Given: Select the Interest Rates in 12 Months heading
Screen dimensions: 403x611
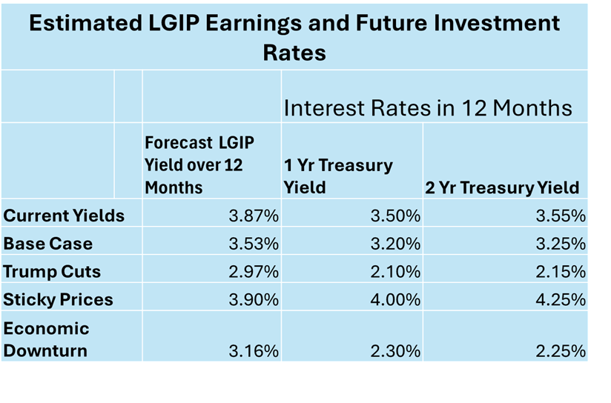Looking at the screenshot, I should [x=428, y=108].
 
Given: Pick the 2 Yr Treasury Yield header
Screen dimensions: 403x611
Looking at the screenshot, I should [x=502, y=187].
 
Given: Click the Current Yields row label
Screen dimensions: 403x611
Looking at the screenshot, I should [x=64, y=216].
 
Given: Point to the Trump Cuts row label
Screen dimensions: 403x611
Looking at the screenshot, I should [x=51, y=271].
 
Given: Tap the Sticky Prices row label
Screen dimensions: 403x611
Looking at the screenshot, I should [x=59, y=299].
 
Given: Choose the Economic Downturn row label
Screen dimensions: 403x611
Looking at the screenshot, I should [x=46, y=339].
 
